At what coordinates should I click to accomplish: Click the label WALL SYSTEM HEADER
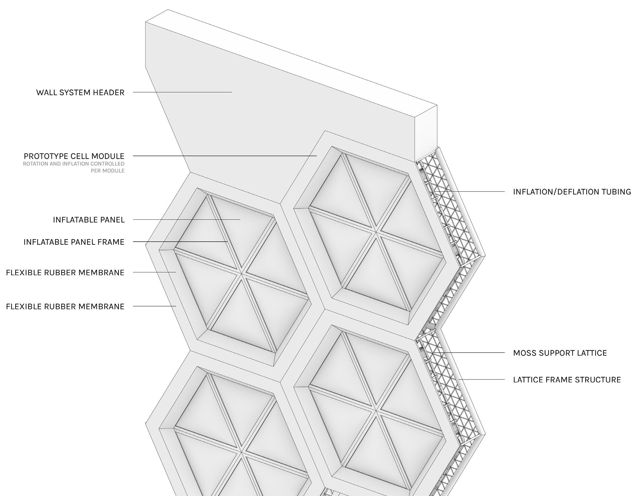click(80, 93)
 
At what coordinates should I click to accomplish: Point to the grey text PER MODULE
click(108, 171)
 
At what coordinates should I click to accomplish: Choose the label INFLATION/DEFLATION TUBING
click(572, 192)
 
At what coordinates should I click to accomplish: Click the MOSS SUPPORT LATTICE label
click(560, 353)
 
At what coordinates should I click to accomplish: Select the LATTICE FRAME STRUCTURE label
click(567, 380)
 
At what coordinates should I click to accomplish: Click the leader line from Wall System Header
click(182, 92)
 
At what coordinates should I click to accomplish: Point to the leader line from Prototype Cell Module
click(225, 156)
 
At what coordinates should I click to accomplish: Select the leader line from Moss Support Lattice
click(469, 353)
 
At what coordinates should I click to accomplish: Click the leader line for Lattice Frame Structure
click(482, 380)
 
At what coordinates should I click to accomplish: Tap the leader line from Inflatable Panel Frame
click(180, 242)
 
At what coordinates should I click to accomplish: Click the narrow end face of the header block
click(426, 133)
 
